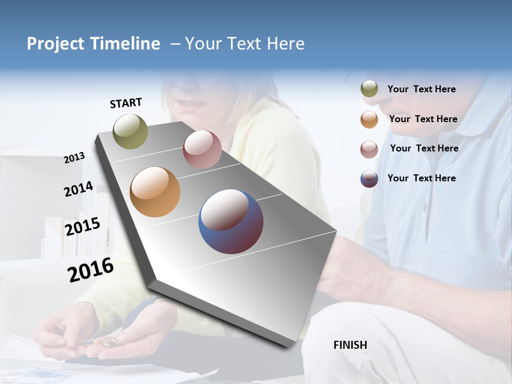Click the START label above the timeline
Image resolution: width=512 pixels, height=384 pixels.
(126, 103)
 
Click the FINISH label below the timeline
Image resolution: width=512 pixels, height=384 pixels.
(350, 345)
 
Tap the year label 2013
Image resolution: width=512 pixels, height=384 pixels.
(74, 158)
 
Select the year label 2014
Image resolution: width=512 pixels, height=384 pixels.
(78, 189)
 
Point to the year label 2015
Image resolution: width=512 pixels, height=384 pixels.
(82, 227)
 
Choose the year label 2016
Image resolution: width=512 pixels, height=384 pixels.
(91, 270)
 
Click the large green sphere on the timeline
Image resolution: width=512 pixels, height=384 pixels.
(130, 131)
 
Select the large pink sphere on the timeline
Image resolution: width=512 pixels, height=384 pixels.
(202, 149)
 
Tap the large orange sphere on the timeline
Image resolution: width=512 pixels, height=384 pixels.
(155, 192)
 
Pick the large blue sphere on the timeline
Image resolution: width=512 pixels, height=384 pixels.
(231, 221)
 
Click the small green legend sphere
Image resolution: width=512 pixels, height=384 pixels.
(369, 89)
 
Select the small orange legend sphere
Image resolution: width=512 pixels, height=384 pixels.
(369, 119)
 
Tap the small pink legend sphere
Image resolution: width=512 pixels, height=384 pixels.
(369, 149)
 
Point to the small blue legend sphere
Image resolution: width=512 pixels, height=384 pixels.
(369, 179)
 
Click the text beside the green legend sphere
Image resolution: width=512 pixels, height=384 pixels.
(421, 89)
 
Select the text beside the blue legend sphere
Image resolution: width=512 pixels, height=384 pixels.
(421, 178)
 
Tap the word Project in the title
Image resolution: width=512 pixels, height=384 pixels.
(56, 44)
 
